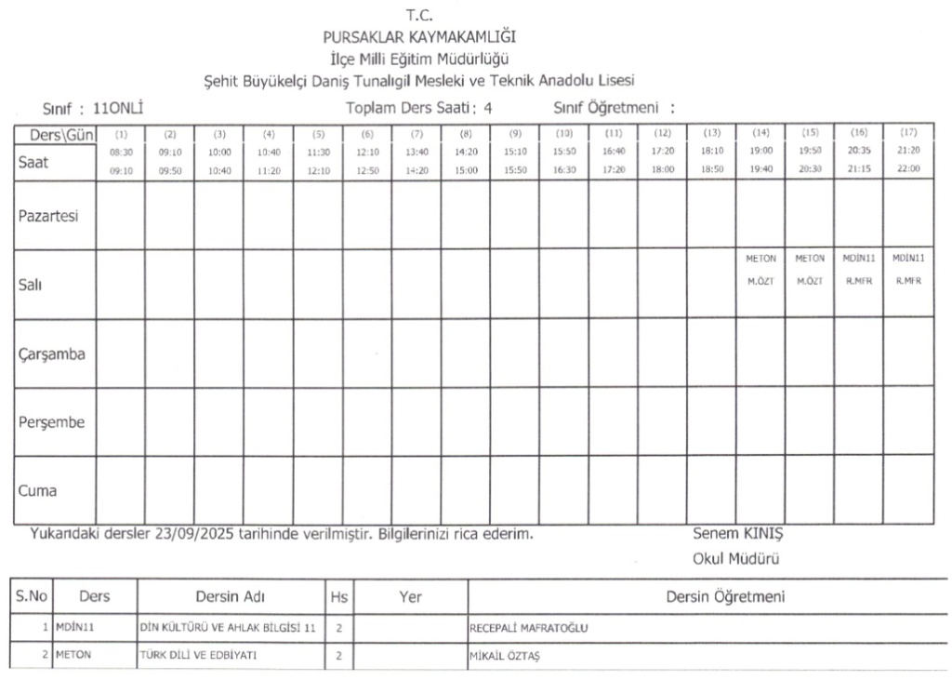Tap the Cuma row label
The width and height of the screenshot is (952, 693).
click(38, 489)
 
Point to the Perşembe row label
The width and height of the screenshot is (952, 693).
click(52, 421)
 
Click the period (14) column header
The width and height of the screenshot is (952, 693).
click(760, 133)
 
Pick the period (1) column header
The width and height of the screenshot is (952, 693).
click(120, 133)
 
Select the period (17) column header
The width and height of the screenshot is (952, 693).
click(908, 133)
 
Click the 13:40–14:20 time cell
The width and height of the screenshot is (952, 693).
click(416, 160)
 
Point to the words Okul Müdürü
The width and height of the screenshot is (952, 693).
click(735, 559)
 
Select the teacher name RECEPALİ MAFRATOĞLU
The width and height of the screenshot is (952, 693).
click(530, 628)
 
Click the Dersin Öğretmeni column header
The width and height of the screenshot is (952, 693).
click(724, 597)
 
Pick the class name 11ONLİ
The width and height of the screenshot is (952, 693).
click(120, 107)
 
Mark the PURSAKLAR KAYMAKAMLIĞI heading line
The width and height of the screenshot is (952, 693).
click(419, 37)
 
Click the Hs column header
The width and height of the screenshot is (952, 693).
click(338, 597)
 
